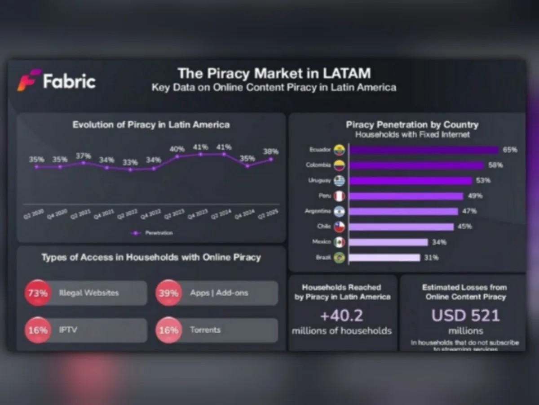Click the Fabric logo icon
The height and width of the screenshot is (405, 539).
point(29,80)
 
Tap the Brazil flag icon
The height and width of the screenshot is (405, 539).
point(340,258)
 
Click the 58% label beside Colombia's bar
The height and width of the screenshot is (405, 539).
point(495,165)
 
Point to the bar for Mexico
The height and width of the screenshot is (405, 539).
point(388,242)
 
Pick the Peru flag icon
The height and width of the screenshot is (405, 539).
point(340,196)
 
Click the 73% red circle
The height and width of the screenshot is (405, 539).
point(38,293)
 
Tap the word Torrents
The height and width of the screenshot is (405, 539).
point(205,329)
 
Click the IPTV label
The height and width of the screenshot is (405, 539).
point(68,329)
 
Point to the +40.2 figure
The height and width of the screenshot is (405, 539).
point(341,316)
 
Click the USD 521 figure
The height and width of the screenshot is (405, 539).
point(465,316)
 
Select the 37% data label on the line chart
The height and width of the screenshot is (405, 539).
point(84,156)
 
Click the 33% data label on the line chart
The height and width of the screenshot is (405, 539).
point(130,162)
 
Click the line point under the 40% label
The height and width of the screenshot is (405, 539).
point(177,156)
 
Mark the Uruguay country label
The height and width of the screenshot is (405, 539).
point(319,180)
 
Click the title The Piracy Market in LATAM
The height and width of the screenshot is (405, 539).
point(274,73)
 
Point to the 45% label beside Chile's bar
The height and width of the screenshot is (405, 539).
point(464,227)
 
